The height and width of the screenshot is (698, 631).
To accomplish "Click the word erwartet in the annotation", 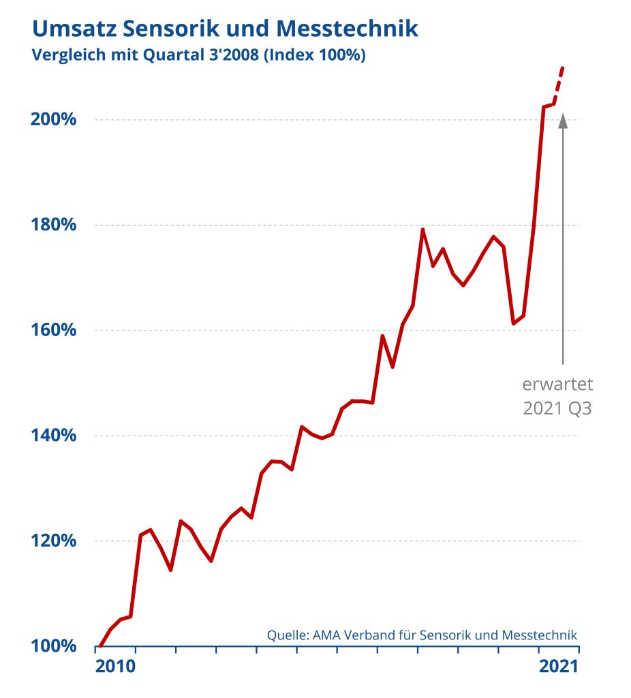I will point(557,384).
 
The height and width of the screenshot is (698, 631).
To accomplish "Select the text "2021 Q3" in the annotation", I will point(557,409).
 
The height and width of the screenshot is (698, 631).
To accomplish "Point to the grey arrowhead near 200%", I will point(563,121).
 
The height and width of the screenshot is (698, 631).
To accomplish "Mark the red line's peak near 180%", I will point(422,230).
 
